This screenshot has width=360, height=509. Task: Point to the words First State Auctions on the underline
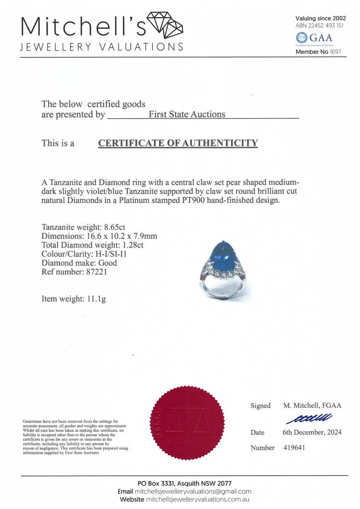(x=187, y=115)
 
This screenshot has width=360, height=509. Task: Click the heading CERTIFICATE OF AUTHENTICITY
(x=178, y=143)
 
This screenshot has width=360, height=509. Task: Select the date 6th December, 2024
(x=312, y=432)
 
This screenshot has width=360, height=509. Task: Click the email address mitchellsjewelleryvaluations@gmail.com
(x=201, y=491)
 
